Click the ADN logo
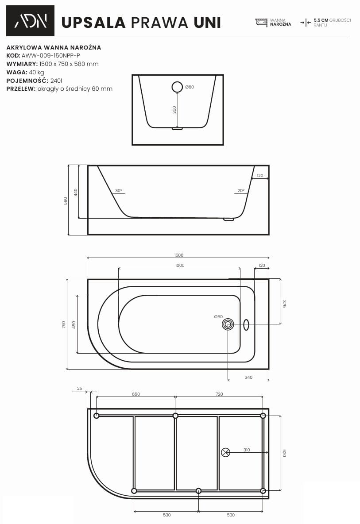point(30,21)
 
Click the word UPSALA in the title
point(93,23)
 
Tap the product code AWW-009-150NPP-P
point(51,55)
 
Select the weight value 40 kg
point(36,72)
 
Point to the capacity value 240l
point(56,81)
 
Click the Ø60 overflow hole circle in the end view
point(177,87)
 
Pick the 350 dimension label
point(174,110)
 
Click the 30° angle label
point(119,190)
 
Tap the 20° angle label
point(241,190)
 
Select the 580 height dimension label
point(66,200)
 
